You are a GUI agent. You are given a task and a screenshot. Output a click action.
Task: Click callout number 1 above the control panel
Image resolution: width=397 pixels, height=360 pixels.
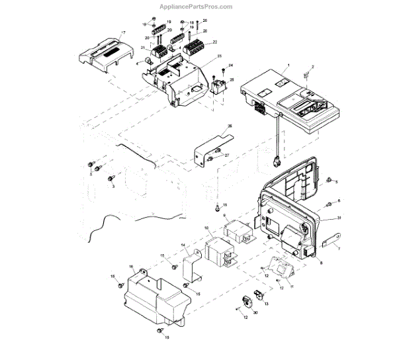tap(288, 67)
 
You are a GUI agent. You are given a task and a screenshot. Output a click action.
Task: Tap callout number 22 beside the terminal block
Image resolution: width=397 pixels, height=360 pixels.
tap(215, 43)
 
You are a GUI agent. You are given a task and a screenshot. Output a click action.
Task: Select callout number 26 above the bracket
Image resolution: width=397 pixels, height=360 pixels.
tap(230, 126)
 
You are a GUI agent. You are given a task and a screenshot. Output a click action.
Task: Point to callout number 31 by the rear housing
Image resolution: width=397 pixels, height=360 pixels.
tap(339, 218)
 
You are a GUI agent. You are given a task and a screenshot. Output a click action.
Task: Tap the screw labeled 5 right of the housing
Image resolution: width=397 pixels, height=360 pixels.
tap(329, 180)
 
